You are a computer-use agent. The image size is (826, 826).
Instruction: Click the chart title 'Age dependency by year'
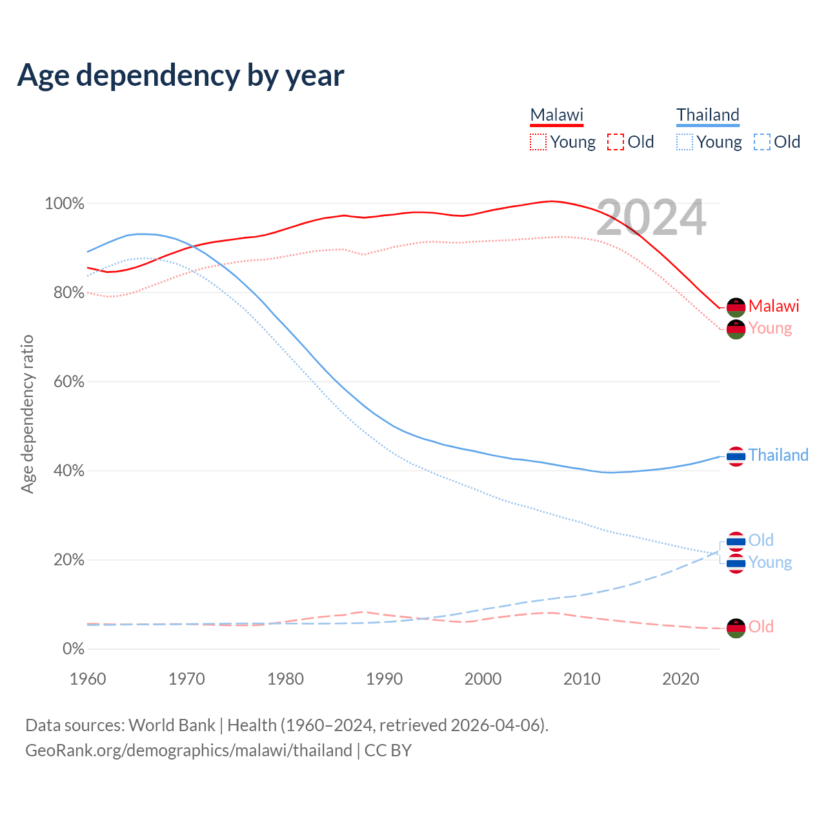click(181, 75)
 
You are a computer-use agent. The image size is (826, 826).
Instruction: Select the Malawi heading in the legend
click(556, 116)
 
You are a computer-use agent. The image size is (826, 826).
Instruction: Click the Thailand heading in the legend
click(707, 116)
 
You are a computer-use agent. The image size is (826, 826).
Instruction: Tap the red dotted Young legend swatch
click(538, 142)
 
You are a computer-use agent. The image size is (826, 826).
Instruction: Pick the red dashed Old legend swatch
click(616, 142)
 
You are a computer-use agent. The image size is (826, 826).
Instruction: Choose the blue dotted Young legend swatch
click(685, 142)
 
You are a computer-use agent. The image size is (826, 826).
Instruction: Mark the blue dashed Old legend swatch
click(762, 142)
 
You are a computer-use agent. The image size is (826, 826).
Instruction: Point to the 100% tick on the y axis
click(65, 204)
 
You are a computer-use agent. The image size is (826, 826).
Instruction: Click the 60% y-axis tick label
click(68, 382)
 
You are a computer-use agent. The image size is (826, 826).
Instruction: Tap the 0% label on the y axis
click(73, 649)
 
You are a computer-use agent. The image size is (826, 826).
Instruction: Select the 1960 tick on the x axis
click(88, 679)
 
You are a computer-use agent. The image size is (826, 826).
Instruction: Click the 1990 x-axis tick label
click(385, 679)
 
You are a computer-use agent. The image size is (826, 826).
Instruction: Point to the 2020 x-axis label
click(681, 679)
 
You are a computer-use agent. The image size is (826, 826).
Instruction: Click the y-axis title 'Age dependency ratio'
click(27, 414)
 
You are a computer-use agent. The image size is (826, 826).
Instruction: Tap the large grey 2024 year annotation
click(651, 217)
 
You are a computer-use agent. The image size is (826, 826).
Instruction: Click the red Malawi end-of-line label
click(774, 306)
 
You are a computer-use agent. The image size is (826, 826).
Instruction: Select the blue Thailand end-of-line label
click(778, 456)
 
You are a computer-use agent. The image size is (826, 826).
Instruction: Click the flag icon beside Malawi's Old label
click(736, 628)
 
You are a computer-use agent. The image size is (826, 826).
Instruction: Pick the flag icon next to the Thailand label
click(736, 456)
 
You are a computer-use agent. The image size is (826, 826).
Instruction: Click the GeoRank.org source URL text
click(188, 750)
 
